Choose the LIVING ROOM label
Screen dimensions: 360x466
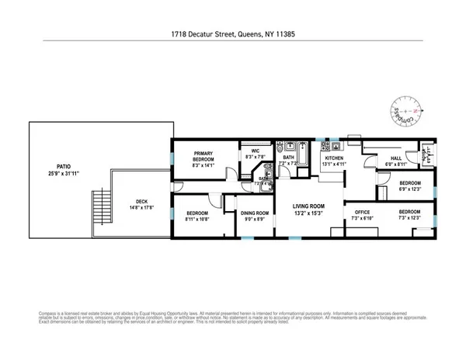(308, 205)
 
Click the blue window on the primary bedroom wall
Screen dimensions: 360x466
(172, 158)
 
